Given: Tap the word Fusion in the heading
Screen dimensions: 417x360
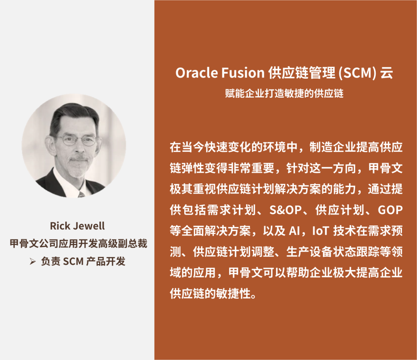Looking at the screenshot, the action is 242,73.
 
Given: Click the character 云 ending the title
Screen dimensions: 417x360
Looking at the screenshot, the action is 386,73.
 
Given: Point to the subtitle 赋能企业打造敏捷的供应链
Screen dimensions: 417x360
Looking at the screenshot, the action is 284,93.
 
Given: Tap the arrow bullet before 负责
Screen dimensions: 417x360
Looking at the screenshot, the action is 33,262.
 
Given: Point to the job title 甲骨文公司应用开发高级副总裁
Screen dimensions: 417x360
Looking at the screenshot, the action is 78,243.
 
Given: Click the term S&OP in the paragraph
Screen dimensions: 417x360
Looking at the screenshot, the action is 285,210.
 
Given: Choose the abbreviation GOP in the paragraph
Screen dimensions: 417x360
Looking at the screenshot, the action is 390,210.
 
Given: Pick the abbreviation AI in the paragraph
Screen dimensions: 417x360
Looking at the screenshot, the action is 294,231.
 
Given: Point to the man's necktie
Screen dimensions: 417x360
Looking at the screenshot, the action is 81,195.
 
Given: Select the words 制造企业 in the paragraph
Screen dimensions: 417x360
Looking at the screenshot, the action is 333,147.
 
